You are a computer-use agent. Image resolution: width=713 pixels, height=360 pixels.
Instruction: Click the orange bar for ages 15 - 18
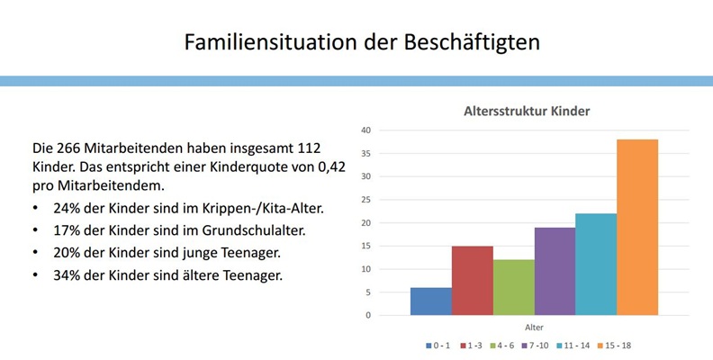coord(637,227)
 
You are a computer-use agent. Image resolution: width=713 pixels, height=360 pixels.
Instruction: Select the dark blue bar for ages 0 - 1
coord(430,301)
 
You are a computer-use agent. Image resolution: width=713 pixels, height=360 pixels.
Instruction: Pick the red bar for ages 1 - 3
coord(472,280)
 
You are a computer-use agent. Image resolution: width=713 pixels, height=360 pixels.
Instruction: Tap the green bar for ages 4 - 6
coord(513,287)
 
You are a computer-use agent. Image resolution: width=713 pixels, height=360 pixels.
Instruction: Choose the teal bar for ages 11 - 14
coord(596,264)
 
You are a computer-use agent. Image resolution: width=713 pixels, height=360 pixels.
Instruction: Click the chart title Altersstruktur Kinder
coord(526,112)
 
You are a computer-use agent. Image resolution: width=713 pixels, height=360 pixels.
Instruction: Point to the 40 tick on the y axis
coord(366,130)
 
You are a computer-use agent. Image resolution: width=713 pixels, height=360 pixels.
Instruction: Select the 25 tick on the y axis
coord(366,200)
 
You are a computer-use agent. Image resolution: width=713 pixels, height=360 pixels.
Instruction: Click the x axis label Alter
coord(534,328)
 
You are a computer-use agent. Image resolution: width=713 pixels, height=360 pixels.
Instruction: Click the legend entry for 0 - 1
coord(440,345)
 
